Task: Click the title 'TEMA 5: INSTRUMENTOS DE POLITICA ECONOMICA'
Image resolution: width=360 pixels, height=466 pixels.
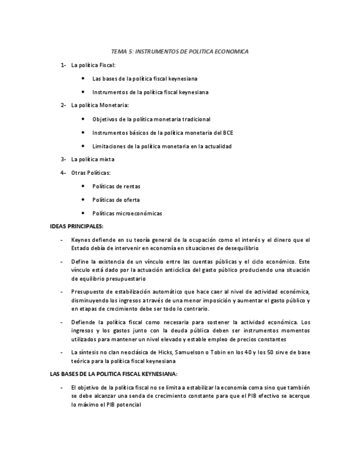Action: click(x=180, y=51)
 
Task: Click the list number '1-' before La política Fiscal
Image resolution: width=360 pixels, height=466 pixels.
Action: click(x=63, y=65)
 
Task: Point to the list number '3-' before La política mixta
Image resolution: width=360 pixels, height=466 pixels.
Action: click(x=63, y=159)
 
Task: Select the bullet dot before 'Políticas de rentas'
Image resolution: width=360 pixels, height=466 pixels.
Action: click(x=82, y=186)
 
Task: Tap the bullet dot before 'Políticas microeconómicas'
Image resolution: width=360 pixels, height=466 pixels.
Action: click(x=82, y=213)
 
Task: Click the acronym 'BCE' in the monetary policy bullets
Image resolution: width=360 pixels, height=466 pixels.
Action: click(x=228, y=132)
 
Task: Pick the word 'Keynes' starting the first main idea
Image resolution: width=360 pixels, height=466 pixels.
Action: click(x=80, y=240)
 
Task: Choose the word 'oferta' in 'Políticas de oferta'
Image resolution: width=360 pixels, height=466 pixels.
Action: click(x=131, y=200)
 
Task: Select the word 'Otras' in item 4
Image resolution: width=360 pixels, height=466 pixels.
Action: click(x=79, y=173)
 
